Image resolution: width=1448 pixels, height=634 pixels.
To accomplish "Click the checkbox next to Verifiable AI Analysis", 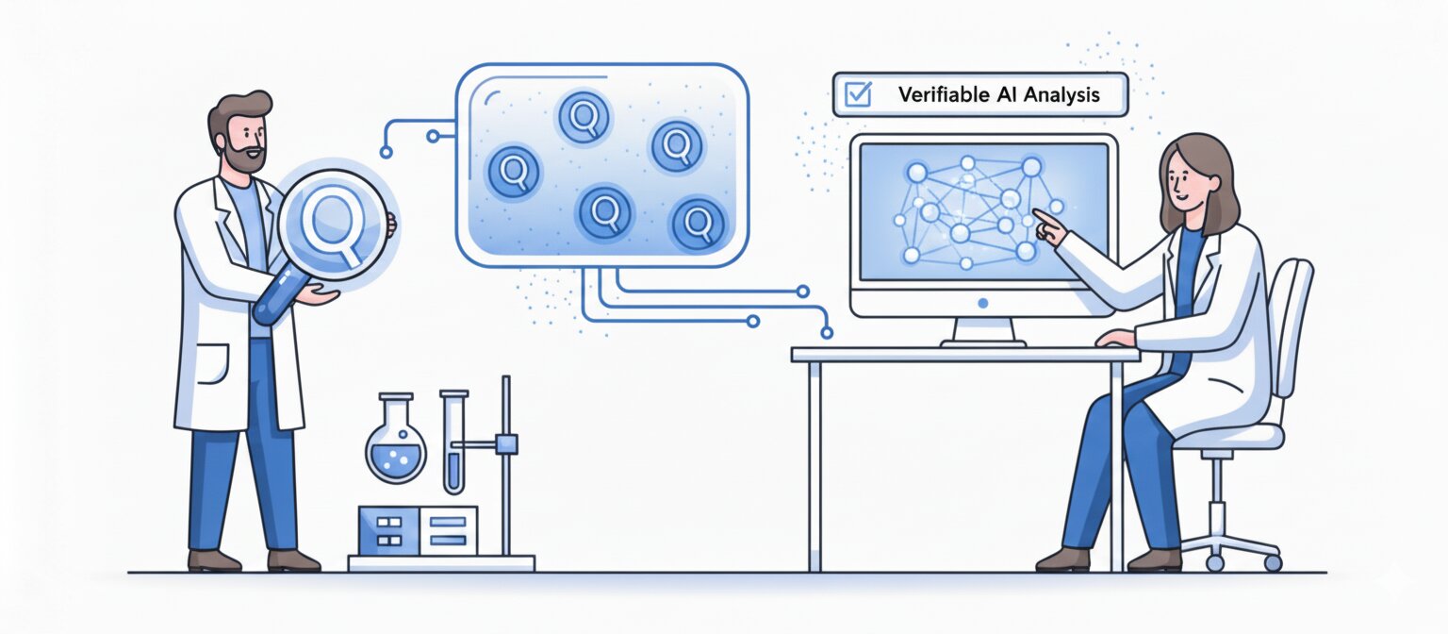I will (858, 94).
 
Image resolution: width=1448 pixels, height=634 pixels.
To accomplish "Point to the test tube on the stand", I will (453, 443).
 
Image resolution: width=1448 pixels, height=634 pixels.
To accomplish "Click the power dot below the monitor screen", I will (983, 304).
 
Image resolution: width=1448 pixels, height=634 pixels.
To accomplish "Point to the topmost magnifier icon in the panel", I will (584, 117).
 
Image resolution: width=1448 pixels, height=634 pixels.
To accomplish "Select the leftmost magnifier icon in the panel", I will (514, 173).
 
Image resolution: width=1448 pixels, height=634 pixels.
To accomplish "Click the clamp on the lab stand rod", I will (506, 442).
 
